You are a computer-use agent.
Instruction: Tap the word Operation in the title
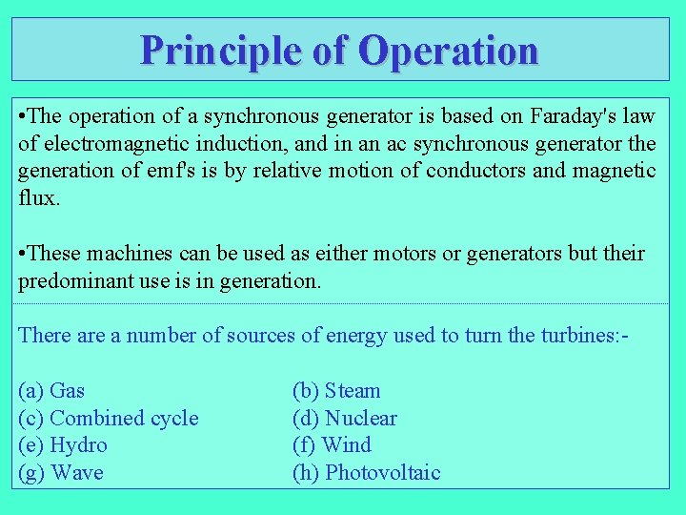[448, 50]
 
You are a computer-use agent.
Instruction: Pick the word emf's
[189, 172]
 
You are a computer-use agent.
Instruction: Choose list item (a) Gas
[51, 391]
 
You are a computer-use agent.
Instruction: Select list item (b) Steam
[336, 391]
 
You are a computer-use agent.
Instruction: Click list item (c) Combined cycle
[109, 419]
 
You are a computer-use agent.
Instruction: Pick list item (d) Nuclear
[344, 419]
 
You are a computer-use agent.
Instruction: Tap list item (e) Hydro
[63, 445]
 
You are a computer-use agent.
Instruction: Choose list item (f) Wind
[332, 445]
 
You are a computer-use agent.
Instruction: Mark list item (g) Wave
[61, 473]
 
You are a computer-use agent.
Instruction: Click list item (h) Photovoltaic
[367, 473]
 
